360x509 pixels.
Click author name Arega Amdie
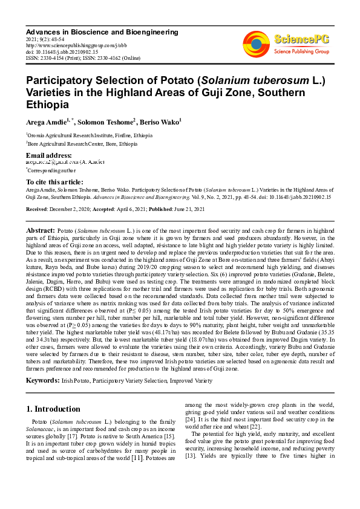tap(46, 123)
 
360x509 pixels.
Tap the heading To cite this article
tap(54, 182)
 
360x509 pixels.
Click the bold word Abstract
tap(41, 231)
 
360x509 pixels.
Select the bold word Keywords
tap(42, 380)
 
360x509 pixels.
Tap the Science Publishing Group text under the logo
tap(301, 52)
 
